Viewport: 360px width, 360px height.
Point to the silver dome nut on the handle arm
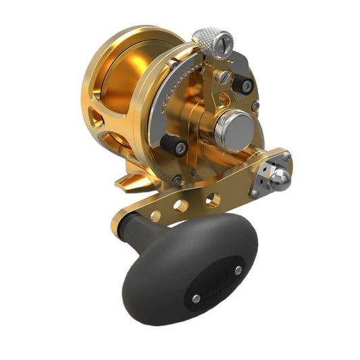click(x=280, y=178)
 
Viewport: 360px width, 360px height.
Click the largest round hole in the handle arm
click(x=212, y=199)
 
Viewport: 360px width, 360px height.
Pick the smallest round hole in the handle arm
click(x=156, y=216)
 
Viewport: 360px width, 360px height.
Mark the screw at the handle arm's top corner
click(x=287, y=156)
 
